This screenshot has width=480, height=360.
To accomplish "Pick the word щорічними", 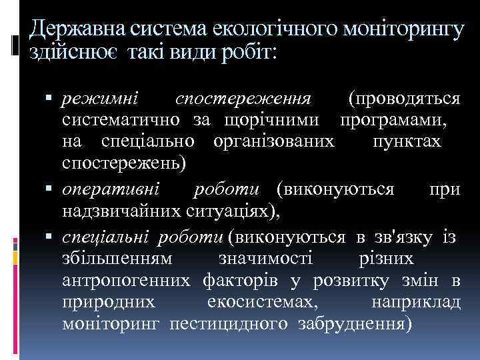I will click(x=267, y=121).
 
